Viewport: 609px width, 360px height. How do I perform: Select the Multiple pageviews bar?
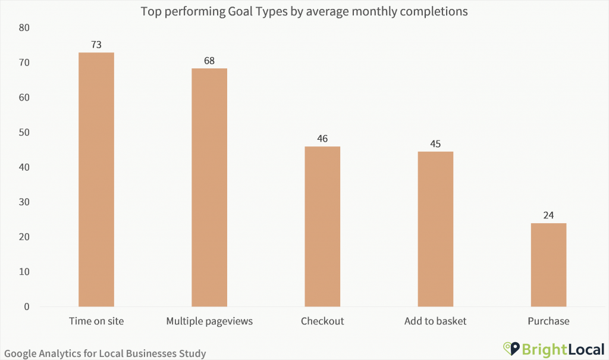(x=209, y=187)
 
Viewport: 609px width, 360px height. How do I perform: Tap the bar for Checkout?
(x=322, y=226)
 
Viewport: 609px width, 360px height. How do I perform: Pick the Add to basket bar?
(x=435, y=229)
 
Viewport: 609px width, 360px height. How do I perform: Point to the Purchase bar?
(x=548, y=265)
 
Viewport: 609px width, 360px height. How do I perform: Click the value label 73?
(x=96, y=45)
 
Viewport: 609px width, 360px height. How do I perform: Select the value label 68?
(x=209, y=61)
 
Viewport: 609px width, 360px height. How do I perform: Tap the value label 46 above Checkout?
(x=322, y=138)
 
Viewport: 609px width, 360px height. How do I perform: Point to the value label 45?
(x=435, y=143)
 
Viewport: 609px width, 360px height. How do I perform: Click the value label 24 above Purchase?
(x=548, y=215)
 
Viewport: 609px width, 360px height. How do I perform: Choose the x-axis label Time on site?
(x=96, y=321)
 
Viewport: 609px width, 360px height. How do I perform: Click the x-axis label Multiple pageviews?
(x=209, y=321)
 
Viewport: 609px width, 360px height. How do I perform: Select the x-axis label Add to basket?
(x=435, y=321)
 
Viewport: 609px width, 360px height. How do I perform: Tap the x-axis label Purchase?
(x=548, y=321)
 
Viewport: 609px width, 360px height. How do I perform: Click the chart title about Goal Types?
(x=304, y=11)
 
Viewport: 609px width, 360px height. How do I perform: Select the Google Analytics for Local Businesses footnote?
(x=105, y=353)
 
